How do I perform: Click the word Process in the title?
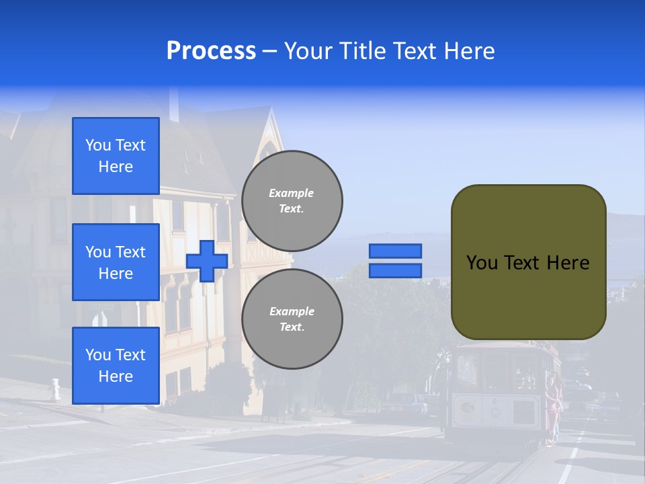(x=211, y=51)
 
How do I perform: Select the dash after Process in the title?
(x=269, y=52)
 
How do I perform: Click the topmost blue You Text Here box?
(x=116, y=156)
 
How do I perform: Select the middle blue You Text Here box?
(x=116, y=262)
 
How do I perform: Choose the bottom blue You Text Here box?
(x=116, y=365)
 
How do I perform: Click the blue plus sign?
(x=207, y=261)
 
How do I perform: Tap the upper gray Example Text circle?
(x=292, y=201)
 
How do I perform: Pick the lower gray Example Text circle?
(x=292, y=319)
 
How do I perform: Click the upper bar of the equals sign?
(x=395, y=251)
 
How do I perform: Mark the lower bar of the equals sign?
(x=395, y=270)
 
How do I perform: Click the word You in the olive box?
(x=482, y=263)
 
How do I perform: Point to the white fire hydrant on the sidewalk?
(x=56, y=388)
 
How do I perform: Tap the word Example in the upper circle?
(x=292, y=193)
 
